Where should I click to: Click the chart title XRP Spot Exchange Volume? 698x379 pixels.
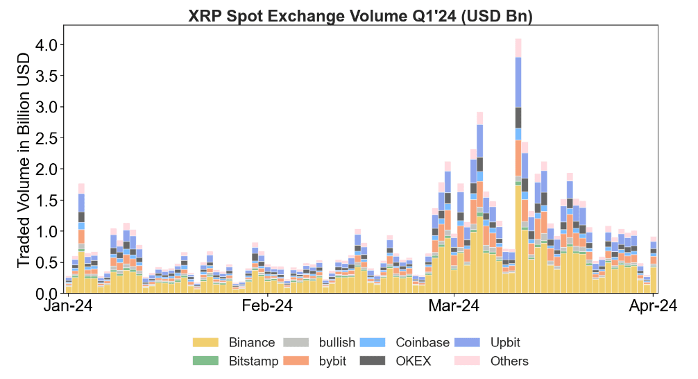[360, 15]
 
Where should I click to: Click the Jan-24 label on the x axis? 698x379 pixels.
[69, 306]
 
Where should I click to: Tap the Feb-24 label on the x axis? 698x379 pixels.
[268, 306]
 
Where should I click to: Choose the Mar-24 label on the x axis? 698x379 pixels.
[453, 306]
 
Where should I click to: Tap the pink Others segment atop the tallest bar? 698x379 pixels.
[518, 48]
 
